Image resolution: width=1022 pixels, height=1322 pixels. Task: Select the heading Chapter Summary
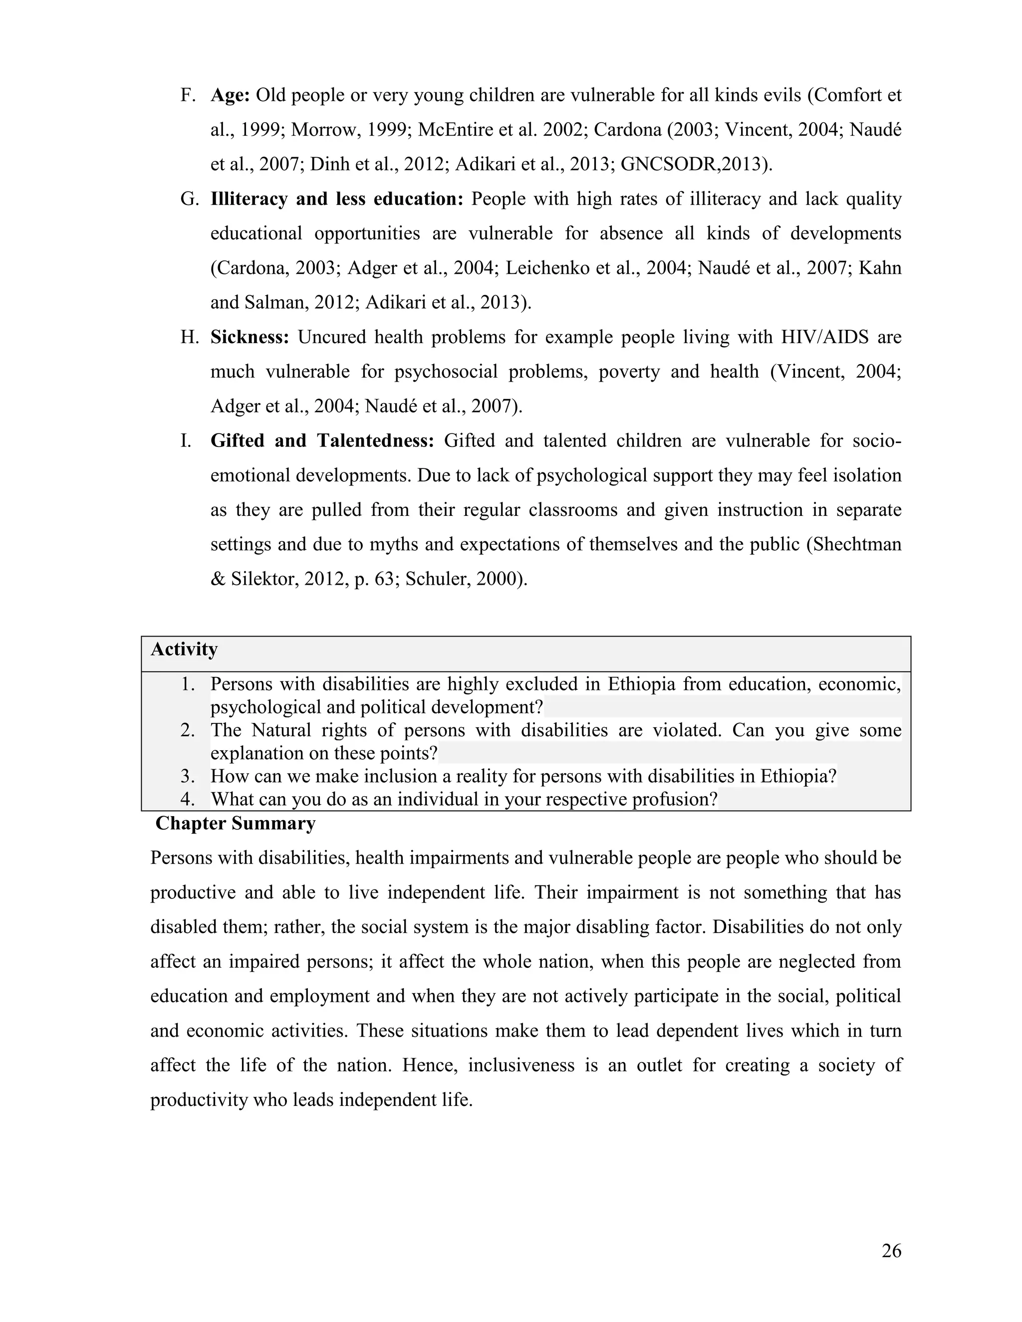tap(236, 824)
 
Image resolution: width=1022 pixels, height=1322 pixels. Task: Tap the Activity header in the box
tap(184, 650)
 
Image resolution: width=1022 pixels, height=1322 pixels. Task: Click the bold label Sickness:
tap(250, 337)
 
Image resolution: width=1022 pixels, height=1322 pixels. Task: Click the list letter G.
tap(189, 199)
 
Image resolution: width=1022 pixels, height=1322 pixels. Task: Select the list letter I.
tap(185, 441)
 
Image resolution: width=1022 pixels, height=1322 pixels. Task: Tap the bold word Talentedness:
tap(375, 441)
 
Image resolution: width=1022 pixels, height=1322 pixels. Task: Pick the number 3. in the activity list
tap(188, 777)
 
